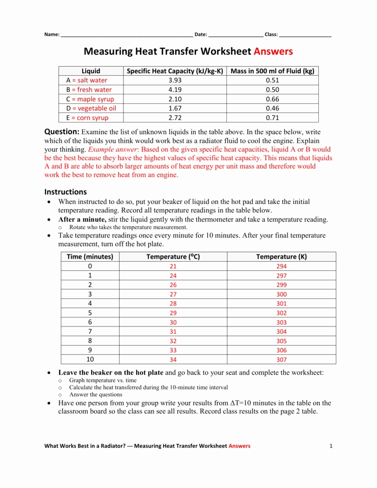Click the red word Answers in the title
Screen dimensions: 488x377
click(273, 51)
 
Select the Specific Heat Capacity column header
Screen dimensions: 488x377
click(175, 71)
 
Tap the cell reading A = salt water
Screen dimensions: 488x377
click(87, 80)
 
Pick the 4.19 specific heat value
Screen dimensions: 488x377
click(175, 90)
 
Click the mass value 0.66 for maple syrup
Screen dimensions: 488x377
click(272, 99)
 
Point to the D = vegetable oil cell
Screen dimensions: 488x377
click(91, 108)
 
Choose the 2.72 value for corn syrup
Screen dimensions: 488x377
click(175, 118)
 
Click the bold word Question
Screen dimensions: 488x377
click(61, 132)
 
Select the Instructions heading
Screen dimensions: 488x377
click(66, 192)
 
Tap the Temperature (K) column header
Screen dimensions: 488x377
click(281, 256)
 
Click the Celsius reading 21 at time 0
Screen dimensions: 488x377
click(173, 266)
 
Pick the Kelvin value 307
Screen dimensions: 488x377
click(281, 360)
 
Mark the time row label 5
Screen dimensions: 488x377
click(90, 313)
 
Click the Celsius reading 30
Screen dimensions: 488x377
click(173, 323)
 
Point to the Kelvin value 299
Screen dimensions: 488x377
click(281, 285)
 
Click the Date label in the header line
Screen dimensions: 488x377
click(201, 35)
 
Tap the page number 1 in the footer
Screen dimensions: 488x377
click(330, 446)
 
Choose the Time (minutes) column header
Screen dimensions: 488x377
click(90, 256)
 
